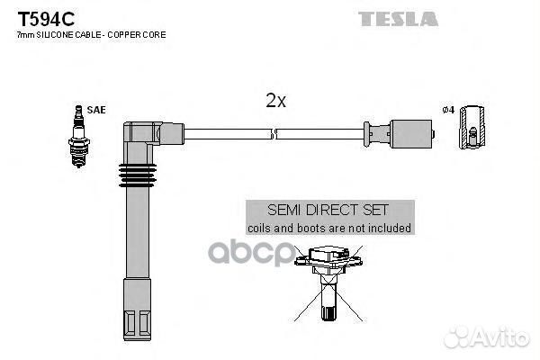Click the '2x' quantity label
[275, 102]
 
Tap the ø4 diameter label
[450, 111]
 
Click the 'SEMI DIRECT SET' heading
[329, 211]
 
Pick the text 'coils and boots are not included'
[329, 229]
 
